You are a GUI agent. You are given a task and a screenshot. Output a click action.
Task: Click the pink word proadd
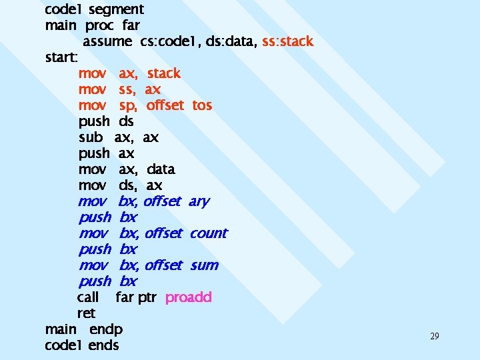(x=188, y=297)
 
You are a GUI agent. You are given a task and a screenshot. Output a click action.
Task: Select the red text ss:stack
(x=287, y=41)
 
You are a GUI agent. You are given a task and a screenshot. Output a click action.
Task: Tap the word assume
(x=107, y=41)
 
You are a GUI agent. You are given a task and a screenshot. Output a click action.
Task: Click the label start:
(x=62, y=57)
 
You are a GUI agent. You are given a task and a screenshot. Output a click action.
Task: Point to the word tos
(x=202, y=105)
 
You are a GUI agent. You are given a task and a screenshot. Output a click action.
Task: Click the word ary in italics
(x=199, y=201)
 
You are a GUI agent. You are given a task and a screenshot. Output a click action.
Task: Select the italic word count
(x=208, y=233)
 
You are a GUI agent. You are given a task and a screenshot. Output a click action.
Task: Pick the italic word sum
(x=203, y=265)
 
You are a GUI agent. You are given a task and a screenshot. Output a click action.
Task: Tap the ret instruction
(x=86, y=313)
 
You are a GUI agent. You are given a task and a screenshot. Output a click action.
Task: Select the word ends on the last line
(x=103, y=345)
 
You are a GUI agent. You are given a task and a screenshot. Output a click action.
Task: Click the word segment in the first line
(x=116, y=9)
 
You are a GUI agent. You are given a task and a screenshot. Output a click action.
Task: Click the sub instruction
(x=91, y=137)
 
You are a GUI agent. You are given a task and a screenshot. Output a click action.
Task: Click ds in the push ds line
(x=126, y=121)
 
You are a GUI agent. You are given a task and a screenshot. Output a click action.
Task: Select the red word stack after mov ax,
(x=163, y=73)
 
